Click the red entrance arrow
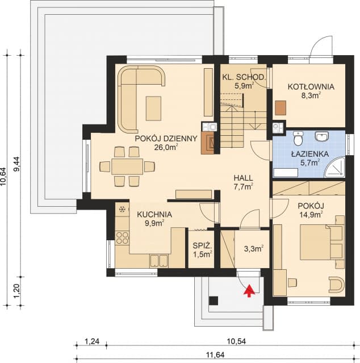coord(249,291)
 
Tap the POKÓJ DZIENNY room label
coord(166,139)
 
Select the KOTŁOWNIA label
coord(311,87)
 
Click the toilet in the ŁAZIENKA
coord(298,139)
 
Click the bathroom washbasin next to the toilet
coord(321,136)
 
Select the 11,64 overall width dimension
coord(215,354)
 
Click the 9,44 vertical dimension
coord(18,164)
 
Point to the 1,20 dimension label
coord(18,291)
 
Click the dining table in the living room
coord(127,166)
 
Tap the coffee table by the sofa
coord(153,109)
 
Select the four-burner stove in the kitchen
coord(123,238)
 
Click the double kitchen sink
coord(159,261)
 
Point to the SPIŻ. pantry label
coord(202,245)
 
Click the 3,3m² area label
coord(254,249)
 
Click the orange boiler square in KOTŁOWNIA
coord(281,107)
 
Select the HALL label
coord(243,178)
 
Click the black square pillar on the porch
coord(214,301)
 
